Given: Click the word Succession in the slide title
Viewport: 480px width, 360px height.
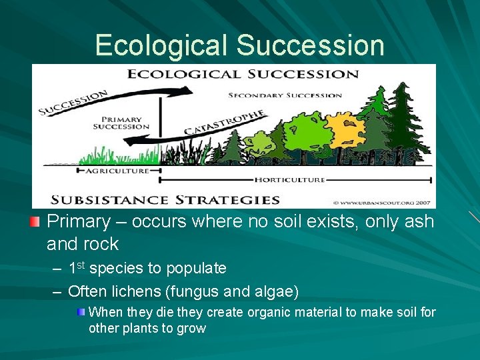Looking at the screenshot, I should click(x=310, y=45).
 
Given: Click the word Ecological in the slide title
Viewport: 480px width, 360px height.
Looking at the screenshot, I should click(x=161, y=45).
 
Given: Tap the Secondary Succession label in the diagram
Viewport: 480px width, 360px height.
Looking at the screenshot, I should click(x=285, y=95).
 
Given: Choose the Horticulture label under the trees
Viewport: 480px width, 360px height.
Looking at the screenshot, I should click(x=289, y=180).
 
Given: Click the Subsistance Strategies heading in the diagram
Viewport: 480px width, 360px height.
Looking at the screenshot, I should click(x=166, y=199).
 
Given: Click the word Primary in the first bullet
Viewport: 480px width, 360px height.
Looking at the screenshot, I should click(x=77, y=222).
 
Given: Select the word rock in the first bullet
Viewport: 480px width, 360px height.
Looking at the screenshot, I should click(x=101, y=244).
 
